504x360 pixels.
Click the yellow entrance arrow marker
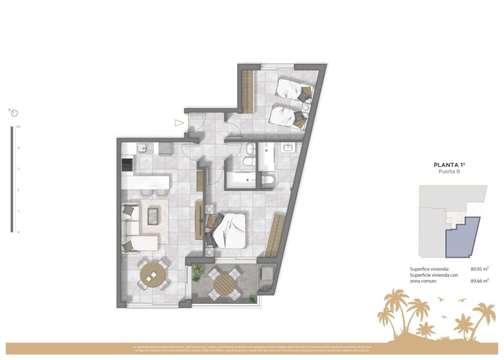pos(179,123)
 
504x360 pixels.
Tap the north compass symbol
pos(14,113)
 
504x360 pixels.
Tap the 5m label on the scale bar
pos(19,127)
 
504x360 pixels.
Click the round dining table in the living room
pos(154,275)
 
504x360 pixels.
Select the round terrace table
pos(225,284)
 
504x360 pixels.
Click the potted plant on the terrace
pos(198,269)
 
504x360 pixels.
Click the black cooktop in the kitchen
pos(127,164)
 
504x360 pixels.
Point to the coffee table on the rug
pos(154,215)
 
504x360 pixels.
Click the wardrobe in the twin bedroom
pos(248,91)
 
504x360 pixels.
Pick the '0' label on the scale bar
pos(18,232)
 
